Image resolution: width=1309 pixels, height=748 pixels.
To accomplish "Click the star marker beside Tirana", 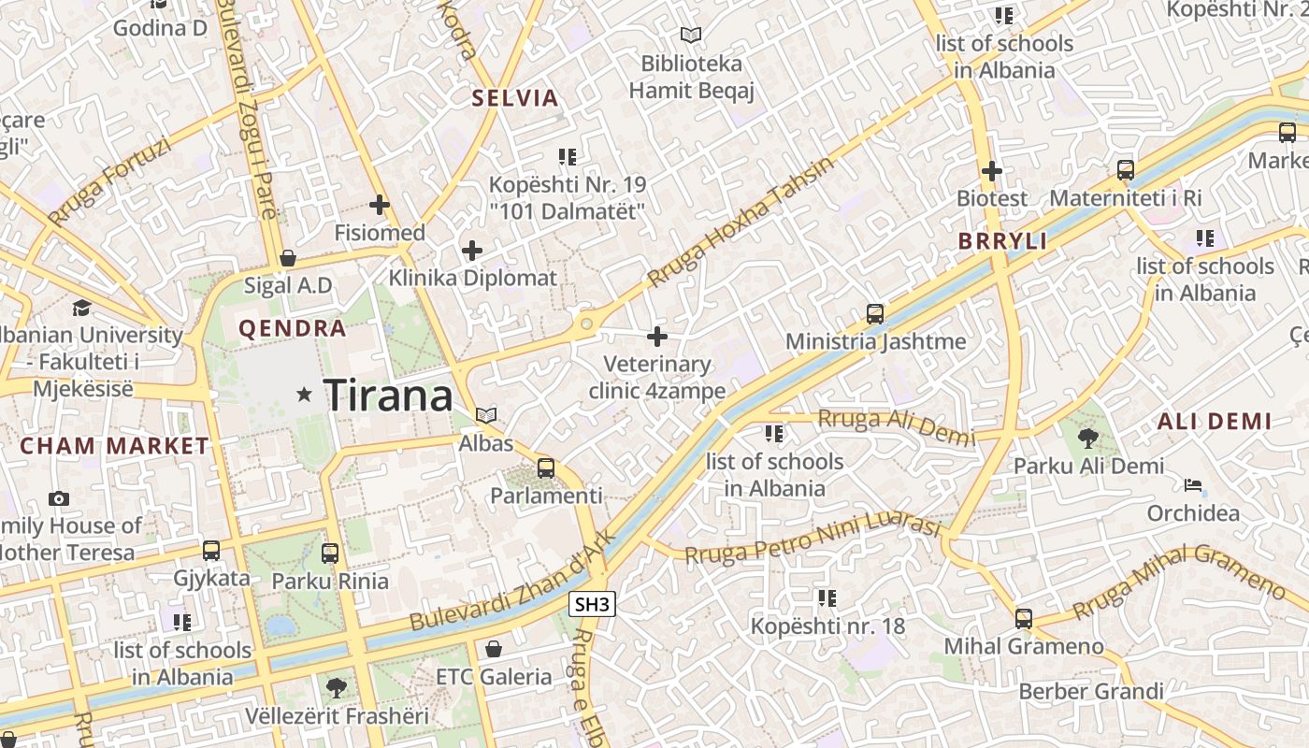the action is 304,396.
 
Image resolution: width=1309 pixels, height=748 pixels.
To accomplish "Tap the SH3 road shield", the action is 592,605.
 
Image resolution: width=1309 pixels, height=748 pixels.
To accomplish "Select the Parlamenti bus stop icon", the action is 546,468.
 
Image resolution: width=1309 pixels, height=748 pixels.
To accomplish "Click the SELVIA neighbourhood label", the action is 514,98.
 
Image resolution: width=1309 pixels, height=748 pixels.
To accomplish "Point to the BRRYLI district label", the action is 1002,241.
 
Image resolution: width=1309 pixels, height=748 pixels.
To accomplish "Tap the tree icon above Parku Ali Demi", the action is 1087,438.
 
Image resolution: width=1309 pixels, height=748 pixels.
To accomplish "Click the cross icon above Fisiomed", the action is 380,205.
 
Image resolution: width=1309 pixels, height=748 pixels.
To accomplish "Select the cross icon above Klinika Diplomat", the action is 472,251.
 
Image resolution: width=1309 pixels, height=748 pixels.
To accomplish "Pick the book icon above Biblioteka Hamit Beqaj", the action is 691,36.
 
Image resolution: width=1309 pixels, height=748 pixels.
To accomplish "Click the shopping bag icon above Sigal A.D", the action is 288,257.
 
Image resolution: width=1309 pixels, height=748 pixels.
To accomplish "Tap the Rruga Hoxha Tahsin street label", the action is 739,223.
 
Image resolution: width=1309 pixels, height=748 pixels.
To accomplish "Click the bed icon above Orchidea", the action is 1193,485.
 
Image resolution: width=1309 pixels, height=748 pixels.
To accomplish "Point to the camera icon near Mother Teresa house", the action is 59,498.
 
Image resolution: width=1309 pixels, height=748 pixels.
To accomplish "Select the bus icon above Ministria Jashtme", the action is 875,314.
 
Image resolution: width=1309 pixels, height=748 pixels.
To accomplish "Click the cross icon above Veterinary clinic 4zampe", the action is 657,336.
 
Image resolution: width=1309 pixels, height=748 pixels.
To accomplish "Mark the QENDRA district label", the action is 293,329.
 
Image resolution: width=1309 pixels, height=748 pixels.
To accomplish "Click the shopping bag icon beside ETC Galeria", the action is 494,648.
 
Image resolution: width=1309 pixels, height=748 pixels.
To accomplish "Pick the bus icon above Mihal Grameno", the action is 1024,618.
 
